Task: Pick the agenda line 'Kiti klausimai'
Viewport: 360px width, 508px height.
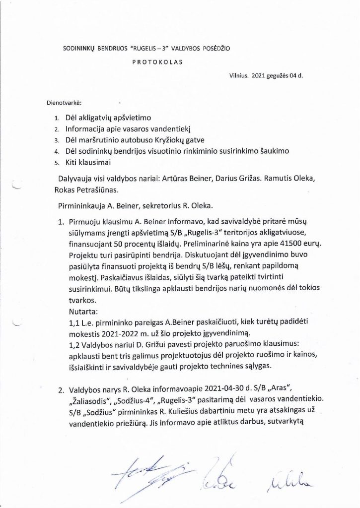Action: pos(85,162)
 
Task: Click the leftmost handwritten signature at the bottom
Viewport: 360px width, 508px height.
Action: pos(149,474)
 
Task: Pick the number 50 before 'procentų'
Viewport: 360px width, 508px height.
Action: pos(136,244)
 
